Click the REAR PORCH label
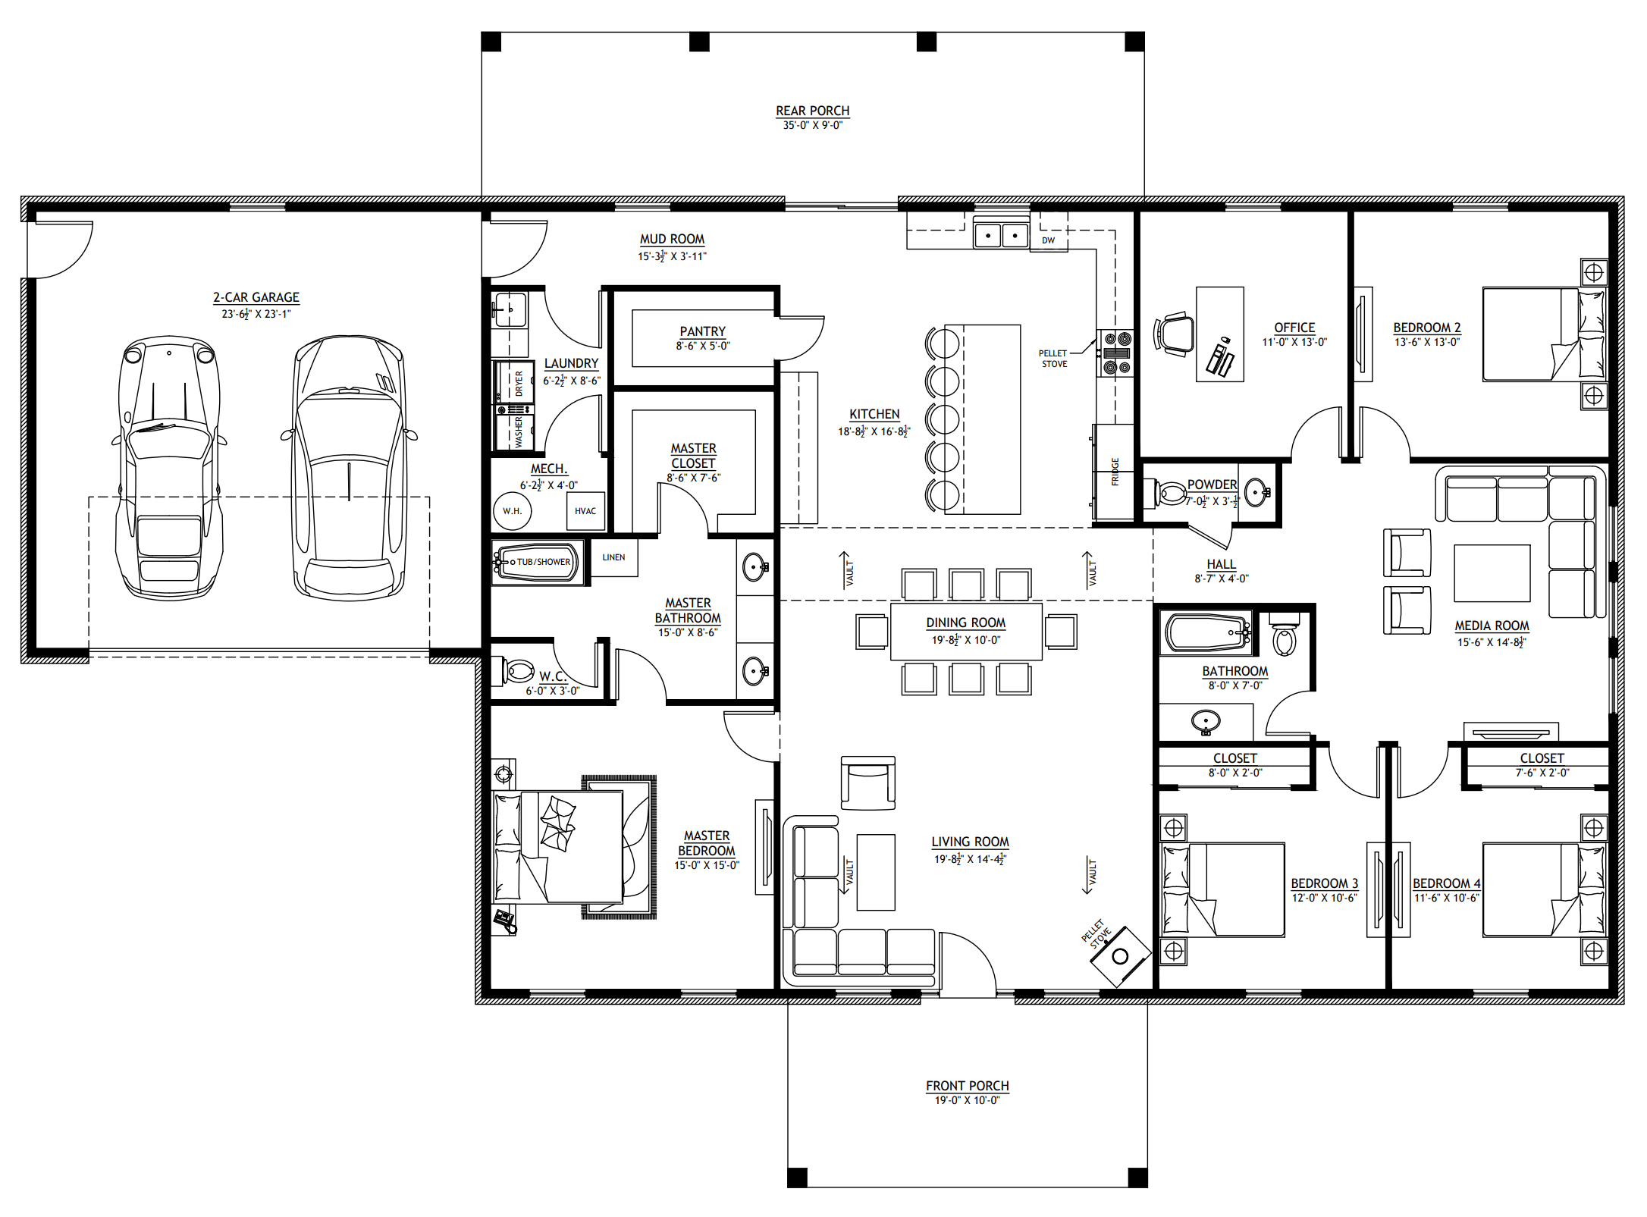pyautogui.click(x=812, y=111)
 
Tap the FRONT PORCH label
pyautogui.click(x=967, y=1086)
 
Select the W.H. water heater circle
pyautogui.click(x=513, y=511)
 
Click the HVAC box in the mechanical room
pyautogui.click(x=585, y=511)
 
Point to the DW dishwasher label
pyautogui.click(x=1048, y=240)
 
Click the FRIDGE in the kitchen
pyautogui.click(x=1113, y=472)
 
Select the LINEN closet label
pyautogui.click(x=613, y=557)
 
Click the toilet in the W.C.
pyautogui.click(x=517, y=671)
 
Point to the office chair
pyautogui.click(x=1172, y=334)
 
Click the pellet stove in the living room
pyautogui.click(x=1120, y=956)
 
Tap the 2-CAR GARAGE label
pyautogui.click(x=256, y=297)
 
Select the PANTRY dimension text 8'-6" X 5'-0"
pyautogui.click(x=703, y=346)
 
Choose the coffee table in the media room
pyautogui.click(x=1492, y=573)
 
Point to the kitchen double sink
pyautogui.click(x=1001, y=235)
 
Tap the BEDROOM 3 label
pyautogui.click(x=1324, y=883)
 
